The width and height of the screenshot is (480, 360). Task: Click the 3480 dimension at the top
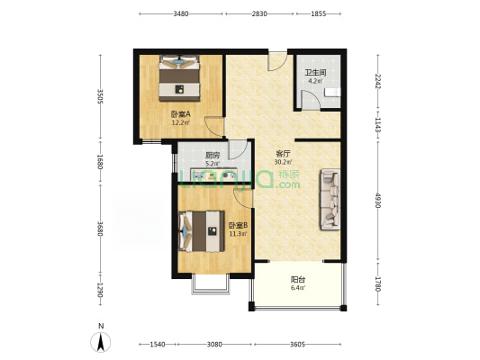click(x=181, y=13)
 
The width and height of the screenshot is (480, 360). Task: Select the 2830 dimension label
click(x=259, y=13)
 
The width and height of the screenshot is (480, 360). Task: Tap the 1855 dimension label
click(x=319, y=13)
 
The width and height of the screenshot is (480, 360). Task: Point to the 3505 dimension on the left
click(x=100, y=96)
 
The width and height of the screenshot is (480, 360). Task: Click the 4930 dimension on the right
click(x=378, y=201)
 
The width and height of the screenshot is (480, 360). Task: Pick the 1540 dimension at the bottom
click(x=158, y=345)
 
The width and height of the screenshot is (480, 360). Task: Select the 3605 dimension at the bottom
click(x=297, y=345)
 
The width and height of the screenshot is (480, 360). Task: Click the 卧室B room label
click(x=238, y=226)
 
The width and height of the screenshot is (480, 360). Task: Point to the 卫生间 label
click(x=315, y=73)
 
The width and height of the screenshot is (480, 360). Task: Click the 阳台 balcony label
click(x=298, y=280)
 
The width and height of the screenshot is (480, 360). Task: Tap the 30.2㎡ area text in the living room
click(x=283, y=162)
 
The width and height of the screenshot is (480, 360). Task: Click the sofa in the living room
click(x=330, y=200)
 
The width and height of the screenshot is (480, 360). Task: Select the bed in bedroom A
click(x=179, y=78)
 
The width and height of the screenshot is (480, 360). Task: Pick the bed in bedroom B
click(x=201, y=231)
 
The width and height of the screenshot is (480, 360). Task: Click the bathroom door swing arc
click(x=312, y=98)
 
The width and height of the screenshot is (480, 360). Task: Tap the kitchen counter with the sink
click(x=214, y=175)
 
